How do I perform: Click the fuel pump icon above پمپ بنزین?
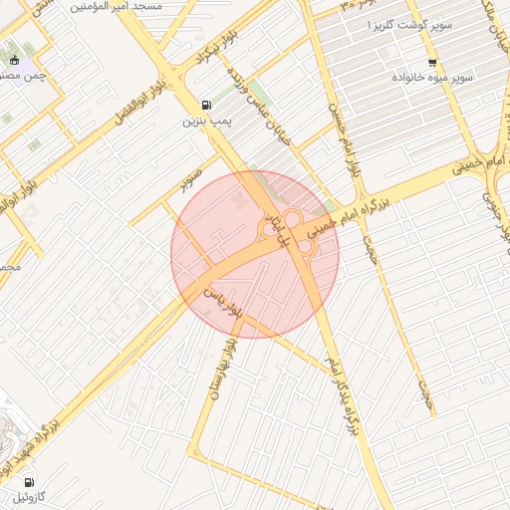tap(206, 105)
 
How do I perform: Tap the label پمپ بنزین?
tap(206, 122)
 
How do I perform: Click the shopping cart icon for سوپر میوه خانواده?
tap(430, 62)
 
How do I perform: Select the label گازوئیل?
tap(29, 495)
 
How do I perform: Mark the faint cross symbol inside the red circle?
tap(236, 203)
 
